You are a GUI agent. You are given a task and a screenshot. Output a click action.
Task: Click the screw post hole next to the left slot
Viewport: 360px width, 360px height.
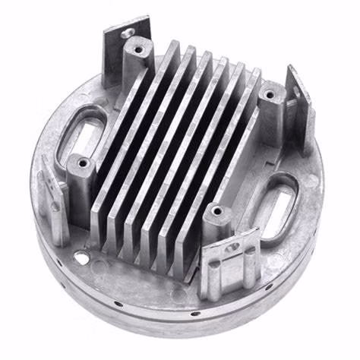81,163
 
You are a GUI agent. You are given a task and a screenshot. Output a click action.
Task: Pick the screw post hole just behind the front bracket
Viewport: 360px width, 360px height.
217,210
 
